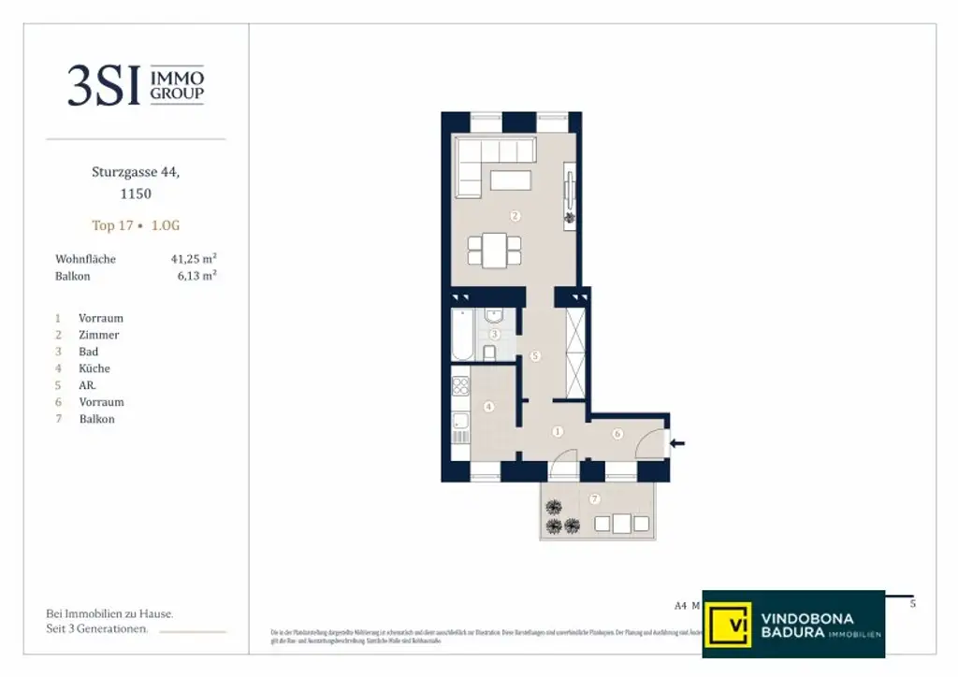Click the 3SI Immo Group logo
pos(136,85)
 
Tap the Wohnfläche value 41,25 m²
pos(194,259)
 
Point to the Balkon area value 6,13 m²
pos(197,276)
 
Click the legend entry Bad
pos(89,352)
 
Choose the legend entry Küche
pos(94,368)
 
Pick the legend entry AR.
pos(88,385)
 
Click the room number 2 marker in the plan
pos(515,216)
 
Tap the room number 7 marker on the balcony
pos(594,499)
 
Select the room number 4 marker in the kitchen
pos(488,407)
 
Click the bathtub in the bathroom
pos(462,335)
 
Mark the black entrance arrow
pos(678,443)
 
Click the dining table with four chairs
pos(494,250)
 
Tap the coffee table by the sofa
pos(510,180)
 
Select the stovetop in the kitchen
pos(459,384)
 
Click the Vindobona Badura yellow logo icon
pos(728,623)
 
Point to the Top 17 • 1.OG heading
pos(136,225)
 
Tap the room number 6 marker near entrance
pos(618,434)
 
